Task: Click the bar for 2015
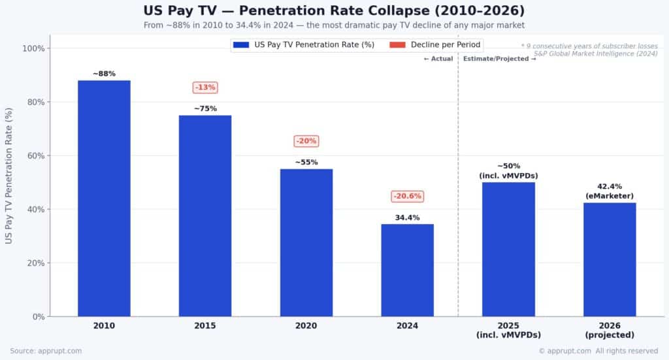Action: pos(205,216)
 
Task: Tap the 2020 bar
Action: pos(306,242)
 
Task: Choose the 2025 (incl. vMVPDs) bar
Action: pos(508,249)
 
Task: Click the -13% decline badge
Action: pos(205,88)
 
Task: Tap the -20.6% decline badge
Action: pos(407,196)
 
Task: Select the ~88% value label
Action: pos(104,74)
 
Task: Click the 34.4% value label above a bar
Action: pos(407,218)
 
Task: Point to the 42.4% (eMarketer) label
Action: pos(610,191)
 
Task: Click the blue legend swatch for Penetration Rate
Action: pos(241,45)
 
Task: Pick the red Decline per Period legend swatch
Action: pos(397,45)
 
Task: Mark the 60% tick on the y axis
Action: pos(36,156)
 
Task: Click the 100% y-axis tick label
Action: pos(34,48)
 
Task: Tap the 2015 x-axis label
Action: pos(205,325)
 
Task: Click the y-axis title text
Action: pos(8,176)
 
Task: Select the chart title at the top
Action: pos(334,11)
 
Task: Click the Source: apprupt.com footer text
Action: pos(46,351)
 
